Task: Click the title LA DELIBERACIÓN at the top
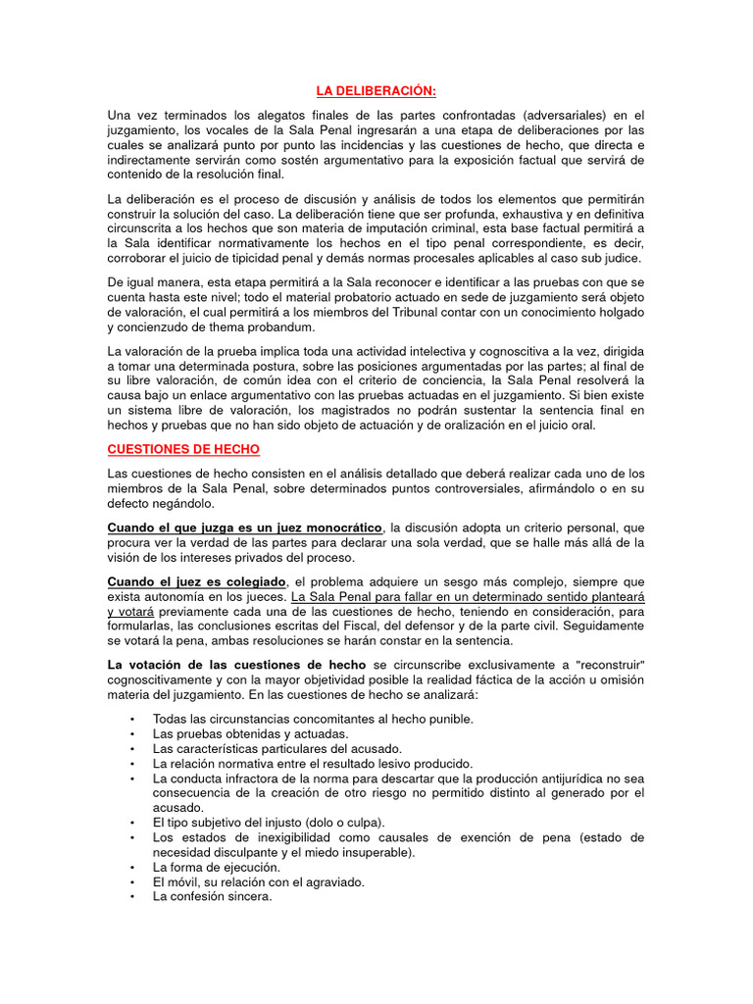coord(376,91)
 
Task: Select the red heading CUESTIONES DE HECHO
coord(183,449)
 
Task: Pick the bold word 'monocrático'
coord(335,527)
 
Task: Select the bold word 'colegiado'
coord(254,581)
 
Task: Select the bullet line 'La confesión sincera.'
coord(212,896)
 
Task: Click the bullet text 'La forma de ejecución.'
coord(216,867)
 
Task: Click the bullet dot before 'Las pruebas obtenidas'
coord(132,733)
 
